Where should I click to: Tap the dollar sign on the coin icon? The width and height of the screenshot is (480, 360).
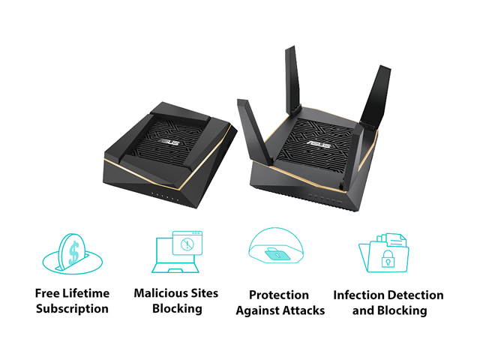pos(74,253)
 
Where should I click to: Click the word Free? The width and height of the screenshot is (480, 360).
pos(49,293)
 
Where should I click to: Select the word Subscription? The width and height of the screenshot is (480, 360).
pos(72,308)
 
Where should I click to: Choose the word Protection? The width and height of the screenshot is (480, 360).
pos(279,295)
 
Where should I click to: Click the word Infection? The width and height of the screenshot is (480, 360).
pos(361,295)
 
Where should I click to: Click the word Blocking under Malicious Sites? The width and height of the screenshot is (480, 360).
pos(177,308)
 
